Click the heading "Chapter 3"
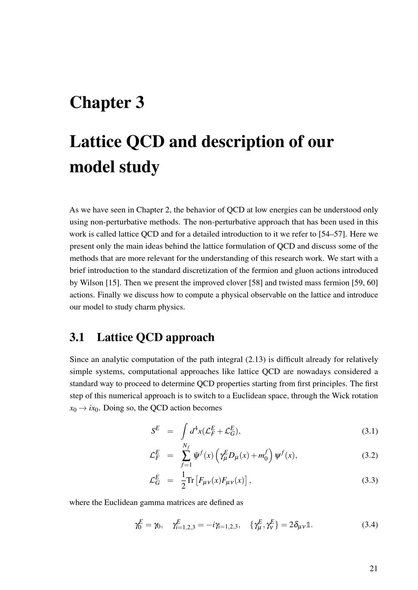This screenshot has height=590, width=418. point(107,103)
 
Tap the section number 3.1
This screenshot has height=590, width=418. point(77,337)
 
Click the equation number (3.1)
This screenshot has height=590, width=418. point(370,431)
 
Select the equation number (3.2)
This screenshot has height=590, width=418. point(370,455)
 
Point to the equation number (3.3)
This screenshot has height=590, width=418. point(370,480)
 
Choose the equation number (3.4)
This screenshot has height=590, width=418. point(370,525)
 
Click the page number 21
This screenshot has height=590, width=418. point(373,568)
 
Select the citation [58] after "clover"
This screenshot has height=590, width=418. point(255,282)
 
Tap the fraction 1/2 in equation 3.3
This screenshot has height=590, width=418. point(183,480)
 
